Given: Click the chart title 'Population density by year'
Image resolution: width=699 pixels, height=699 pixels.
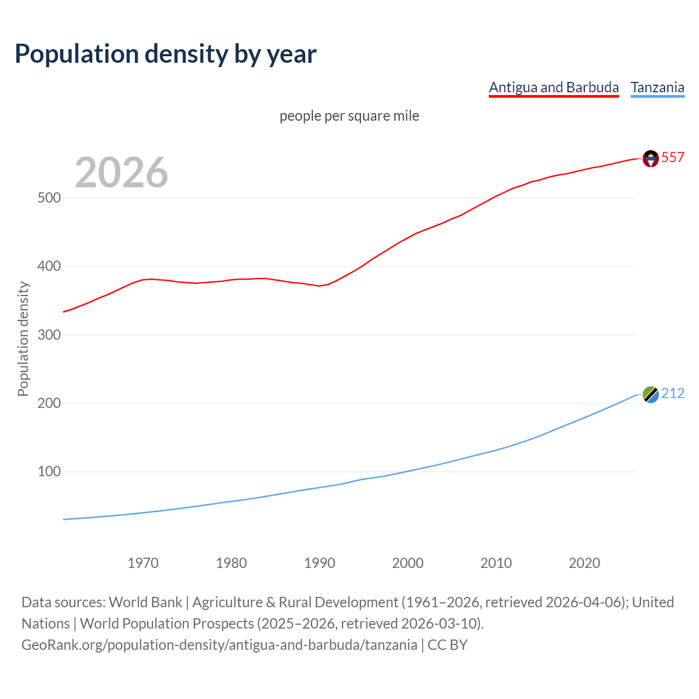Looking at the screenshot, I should (165, 54).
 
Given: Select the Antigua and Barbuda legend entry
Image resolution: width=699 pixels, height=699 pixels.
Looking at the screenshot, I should (554, 87).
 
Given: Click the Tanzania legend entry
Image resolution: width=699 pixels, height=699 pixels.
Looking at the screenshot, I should (657, 87).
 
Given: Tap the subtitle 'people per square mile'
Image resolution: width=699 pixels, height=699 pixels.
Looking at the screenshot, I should (349, 116).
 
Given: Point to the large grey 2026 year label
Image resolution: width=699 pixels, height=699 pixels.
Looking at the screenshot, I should (121, 173).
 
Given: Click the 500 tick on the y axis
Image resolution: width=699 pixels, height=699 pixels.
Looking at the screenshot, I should (49, 198).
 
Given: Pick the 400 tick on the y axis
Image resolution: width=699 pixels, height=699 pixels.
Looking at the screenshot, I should (49, 266).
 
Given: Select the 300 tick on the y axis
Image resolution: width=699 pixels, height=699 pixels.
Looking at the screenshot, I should (49, 335).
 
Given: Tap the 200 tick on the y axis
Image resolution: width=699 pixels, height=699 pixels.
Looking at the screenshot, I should (49, 403).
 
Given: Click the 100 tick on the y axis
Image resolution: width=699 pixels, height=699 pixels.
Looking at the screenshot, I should (49, 471).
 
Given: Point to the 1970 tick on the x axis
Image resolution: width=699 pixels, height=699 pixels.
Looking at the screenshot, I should (143, 563).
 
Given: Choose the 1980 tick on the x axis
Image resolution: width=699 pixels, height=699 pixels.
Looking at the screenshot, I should (232, 563).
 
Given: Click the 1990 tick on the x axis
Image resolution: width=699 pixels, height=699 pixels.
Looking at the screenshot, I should (319, 563).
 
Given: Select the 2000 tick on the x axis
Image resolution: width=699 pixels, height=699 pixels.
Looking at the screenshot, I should (408, 563).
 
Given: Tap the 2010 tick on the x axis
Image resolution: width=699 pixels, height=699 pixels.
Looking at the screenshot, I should (496, 563).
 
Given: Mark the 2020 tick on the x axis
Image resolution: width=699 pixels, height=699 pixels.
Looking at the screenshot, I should (584, 563).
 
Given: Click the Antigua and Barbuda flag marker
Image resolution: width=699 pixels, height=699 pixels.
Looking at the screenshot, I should (650, 158).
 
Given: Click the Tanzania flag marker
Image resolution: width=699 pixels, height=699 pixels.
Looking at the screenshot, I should (650, 394).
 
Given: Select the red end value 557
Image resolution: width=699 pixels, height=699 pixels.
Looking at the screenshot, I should (673, 157).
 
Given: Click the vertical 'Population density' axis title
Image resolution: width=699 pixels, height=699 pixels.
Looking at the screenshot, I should (23, 339).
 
